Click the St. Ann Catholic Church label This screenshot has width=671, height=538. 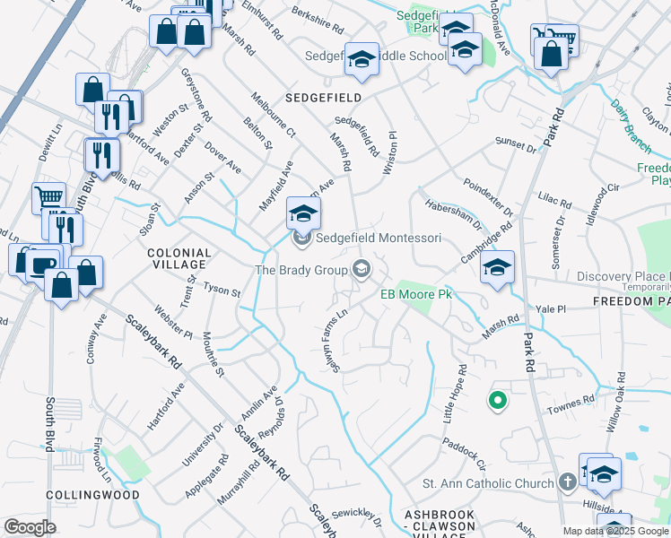pyautogui.click(x=488, y=484)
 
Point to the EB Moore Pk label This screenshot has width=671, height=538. pyautogui.click(x=414, y=294)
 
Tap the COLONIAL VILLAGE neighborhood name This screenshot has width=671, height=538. pyautogui.click(x=180, y=259)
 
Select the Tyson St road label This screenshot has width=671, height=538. pyautogui.click(x=222, y=291)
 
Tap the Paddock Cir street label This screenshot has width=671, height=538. pyautogui.click(x=463, y=454)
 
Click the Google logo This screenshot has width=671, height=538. pyautogui.click(x=30, y=526)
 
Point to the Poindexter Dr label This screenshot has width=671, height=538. pyautogui.click(x=488, y=197)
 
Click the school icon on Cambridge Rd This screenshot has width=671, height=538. pyautogui.click(x=497, y=267)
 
